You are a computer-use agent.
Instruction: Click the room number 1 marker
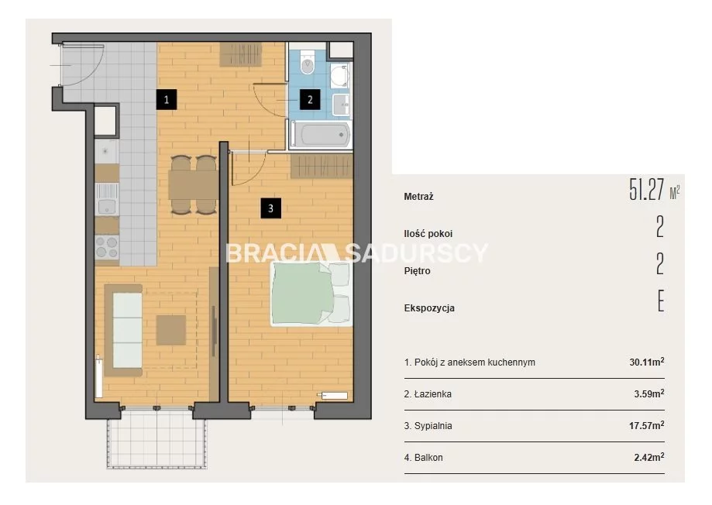tap(167, 99)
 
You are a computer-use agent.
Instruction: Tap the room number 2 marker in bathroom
tap(310, 99)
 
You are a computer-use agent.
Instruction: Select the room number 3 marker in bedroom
tap(270, 208)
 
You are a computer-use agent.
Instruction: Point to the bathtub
tap(321, 135)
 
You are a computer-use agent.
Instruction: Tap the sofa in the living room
tap(123, 330)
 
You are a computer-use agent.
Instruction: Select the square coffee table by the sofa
tap(171, 330)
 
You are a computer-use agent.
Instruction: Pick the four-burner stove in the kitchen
tap(107, 248)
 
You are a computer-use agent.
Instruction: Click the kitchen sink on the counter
tap(107, 199)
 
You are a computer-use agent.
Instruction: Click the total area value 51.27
tap(647, 190)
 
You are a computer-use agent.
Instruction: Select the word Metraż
tap(418, 197)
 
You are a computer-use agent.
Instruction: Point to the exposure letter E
tap(661, 301)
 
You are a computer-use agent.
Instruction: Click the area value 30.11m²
tap(647, 362)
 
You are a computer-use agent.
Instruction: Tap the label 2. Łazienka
tap(428, 394)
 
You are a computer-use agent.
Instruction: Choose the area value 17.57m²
tap(647, 425)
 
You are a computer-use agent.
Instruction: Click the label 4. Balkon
tap(423, 458)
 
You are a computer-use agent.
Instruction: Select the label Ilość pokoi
tap(428, 234)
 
